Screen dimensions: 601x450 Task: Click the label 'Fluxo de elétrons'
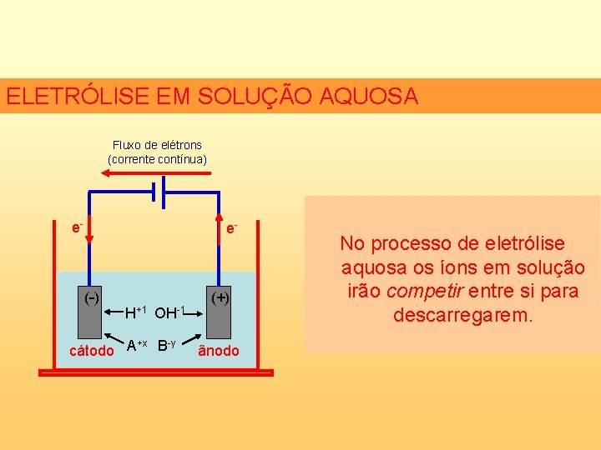point(157,145)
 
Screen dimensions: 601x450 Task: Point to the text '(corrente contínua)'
point(157,158)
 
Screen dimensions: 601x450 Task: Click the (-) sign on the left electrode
point(90,297)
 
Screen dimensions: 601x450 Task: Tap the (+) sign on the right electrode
point(220,297)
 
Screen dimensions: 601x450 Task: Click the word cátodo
point(91,351)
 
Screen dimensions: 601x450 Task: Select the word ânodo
point(219,351)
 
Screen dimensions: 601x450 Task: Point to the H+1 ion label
point(136,312)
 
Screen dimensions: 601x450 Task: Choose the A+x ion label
point(137,345)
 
